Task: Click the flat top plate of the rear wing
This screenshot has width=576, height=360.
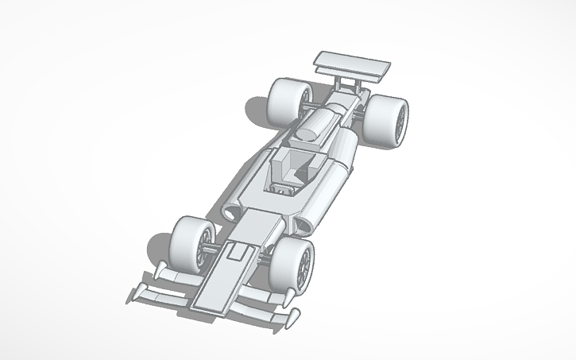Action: pos(354,63)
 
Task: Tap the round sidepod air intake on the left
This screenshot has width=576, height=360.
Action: pos(233,212)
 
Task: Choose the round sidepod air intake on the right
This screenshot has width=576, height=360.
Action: pos(305,226)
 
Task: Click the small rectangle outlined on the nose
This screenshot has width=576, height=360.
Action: pos(236,254)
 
